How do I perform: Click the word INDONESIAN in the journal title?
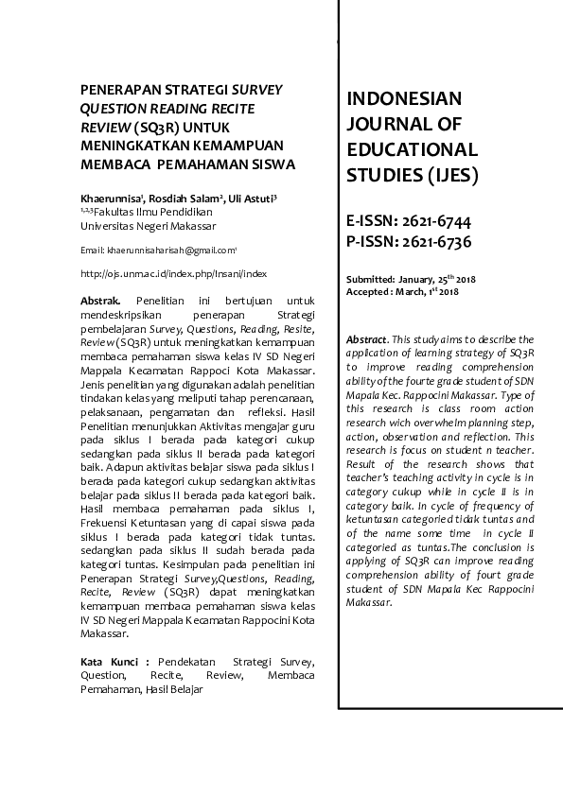(404, 99)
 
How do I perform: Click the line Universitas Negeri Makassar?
(148, 226)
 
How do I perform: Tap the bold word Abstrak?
(100, 300)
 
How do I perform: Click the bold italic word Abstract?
(367, 338)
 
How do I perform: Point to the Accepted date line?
(402, 291)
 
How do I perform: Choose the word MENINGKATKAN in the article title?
(135, 145)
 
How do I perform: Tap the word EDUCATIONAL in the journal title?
(412, 150)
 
